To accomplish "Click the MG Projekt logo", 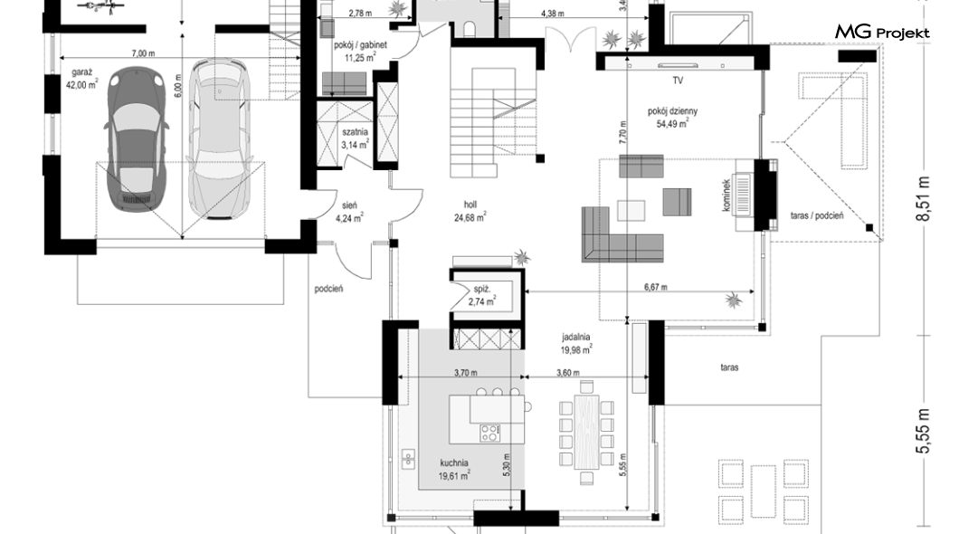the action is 882,32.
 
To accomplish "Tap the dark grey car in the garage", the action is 137,139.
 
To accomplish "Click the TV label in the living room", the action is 678,81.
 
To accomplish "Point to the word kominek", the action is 726,195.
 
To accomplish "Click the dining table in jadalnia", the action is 586,432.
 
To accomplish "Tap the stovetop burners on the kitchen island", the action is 489,433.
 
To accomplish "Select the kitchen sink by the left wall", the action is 408,458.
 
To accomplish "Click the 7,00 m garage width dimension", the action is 143,53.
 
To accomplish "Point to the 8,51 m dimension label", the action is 924,199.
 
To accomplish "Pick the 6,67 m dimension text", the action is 655,286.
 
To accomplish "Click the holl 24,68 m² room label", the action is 470,210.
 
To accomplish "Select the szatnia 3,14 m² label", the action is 355,138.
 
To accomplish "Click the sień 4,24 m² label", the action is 349,212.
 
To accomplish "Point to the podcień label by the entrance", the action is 328,289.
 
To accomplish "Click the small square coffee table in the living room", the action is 631,210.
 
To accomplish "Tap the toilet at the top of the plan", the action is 471,29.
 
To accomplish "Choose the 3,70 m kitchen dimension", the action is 465,373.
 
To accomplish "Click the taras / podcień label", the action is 816,215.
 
